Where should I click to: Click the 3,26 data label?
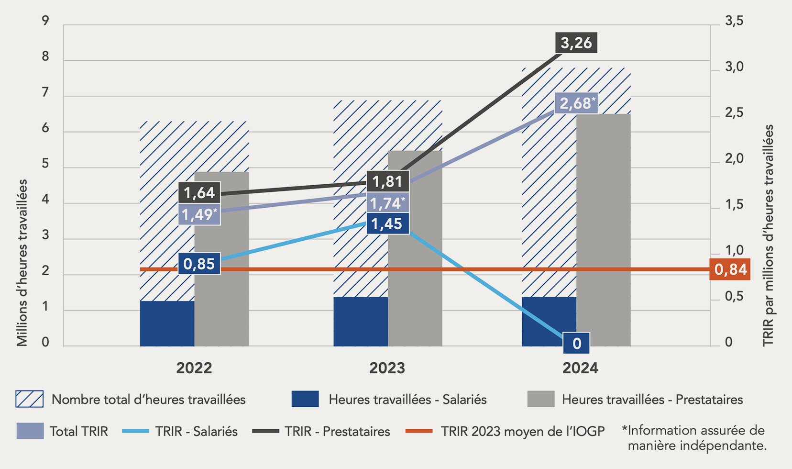(x=576, y=43)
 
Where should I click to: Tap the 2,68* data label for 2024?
(x=576, y=103)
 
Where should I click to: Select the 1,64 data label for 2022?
(x=199, y=193)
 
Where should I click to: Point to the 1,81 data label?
(x=387, y=182)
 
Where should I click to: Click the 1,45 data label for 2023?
(x=387, y=223)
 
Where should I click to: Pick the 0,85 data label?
(x=199, y=264)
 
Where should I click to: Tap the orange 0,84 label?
(x=730, y=270)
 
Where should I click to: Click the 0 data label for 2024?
(x=577, y=343)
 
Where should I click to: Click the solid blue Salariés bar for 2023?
(x=361, y=322)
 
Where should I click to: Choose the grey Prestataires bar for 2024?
(x=604, y=230)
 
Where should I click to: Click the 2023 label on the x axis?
(x=387, y=368)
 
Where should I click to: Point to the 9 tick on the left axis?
(x=45, y=21)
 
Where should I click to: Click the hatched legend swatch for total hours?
(x=29, y=399)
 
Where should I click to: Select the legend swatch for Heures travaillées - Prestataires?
(x=540, y=399)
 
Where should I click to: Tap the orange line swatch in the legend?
(x=418, y=431)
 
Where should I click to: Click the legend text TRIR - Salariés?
(x=196, y=431)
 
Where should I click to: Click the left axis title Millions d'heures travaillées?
(x=22, y=262)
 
